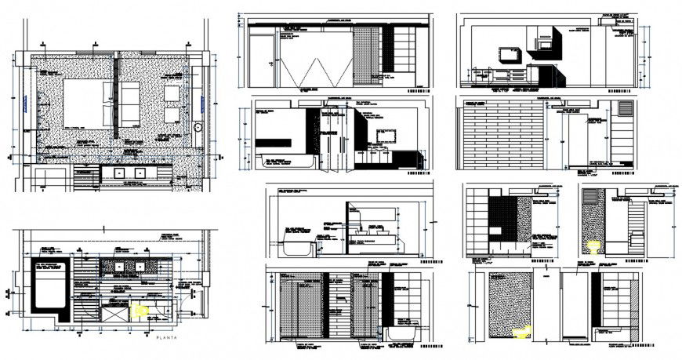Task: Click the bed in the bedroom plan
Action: tap(87, 103)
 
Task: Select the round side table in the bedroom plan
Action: tap(199, 127)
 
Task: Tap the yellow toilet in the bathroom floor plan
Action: tap(140, 310)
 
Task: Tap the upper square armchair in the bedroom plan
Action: tap(172, 94)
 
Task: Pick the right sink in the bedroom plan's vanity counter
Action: tap(142, 173)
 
